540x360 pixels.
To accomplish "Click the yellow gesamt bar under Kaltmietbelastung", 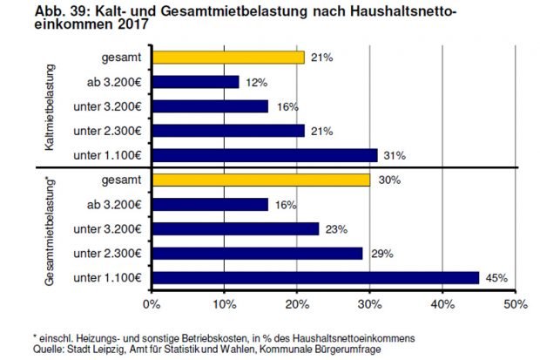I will tap(228, 58).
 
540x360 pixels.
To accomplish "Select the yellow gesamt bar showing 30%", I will tap(260, 180).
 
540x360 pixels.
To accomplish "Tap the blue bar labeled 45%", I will tap(315, 278).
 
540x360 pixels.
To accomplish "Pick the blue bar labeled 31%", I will tap(264, 155).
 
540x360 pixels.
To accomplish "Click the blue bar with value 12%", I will tap(195, 82).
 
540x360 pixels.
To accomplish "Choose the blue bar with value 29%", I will tap(257, 254).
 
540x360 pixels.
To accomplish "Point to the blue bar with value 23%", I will tap(235, 229).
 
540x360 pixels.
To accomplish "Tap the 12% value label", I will tap(254, 82).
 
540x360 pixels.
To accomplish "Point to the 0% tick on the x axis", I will tap(152, 304).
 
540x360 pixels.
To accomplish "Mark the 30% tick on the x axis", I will tap(370, 304).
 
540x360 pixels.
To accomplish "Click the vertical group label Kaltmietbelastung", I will tap(51, 108).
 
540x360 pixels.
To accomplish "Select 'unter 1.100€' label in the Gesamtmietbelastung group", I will tap(108, 278).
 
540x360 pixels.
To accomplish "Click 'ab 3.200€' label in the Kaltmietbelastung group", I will tap(115, 82).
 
